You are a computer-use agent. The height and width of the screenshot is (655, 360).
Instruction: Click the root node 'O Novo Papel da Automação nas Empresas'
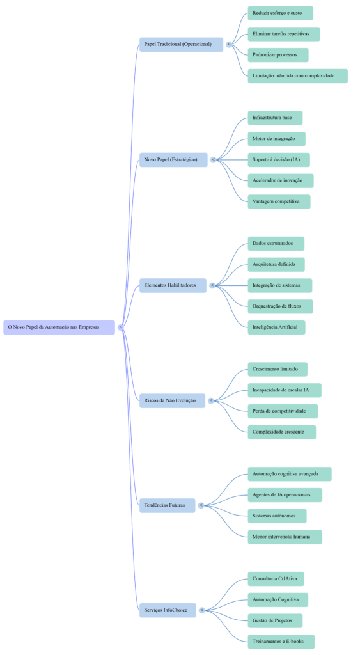(59, 327)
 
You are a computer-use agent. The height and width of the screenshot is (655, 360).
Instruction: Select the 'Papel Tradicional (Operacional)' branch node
(181, 44)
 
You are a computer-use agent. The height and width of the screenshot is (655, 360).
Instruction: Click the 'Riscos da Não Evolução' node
(172, 400)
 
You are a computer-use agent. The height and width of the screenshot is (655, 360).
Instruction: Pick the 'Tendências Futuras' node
(167, 505)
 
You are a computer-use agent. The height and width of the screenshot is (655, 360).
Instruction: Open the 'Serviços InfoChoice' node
(168, 610)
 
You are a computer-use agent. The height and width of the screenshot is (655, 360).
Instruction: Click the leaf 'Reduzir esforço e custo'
(280, 13)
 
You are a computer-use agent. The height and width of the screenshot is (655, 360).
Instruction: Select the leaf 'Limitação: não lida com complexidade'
(297, 75)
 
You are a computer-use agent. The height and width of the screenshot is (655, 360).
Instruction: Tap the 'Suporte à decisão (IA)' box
(279, 159)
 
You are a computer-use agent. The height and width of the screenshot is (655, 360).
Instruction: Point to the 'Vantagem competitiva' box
(279, 201)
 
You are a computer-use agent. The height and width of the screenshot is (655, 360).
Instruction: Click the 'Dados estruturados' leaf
(276, 243)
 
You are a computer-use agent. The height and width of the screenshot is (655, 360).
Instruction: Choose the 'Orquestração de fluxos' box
(280, 306)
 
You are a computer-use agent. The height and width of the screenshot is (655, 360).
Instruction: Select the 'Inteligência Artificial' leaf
(276, 327)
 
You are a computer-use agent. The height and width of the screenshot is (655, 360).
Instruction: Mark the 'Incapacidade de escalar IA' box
(285, 390)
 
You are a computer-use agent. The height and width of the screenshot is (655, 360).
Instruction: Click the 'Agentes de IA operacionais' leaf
(285, 494)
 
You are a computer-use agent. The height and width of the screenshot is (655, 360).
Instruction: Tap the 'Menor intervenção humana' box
(285, 537)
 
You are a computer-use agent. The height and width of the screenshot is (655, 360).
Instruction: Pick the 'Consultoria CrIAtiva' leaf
(276, 578)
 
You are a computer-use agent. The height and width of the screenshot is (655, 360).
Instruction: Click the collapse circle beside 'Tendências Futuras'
(201, 505)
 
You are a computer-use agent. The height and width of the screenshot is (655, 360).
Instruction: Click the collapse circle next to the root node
(121, 327)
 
